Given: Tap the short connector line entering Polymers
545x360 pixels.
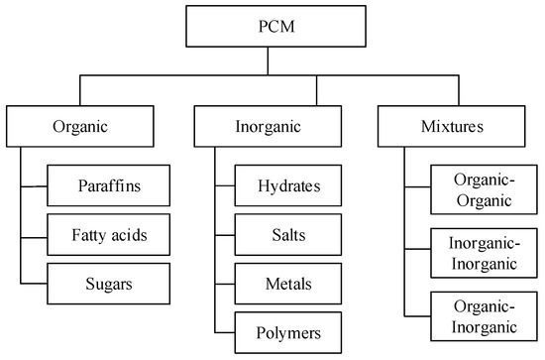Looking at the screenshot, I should click(224, 330).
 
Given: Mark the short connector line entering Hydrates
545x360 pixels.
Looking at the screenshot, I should click(224, 184).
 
